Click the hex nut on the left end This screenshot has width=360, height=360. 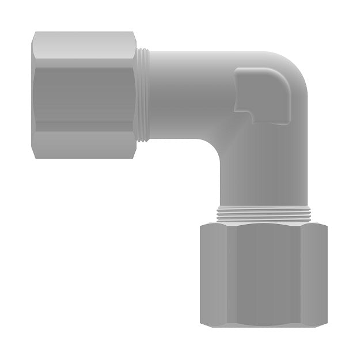pos(84,95)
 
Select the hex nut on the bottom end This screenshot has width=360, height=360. pos(264,275)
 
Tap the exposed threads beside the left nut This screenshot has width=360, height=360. pos(143,95)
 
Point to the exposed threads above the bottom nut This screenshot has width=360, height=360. pos(264,215)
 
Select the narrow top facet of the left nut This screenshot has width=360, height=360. pos(84,43)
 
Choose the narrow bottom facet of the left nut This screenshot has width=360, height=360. pos(84,147)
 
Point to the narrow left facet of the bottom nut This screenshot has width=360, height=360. pos(213,275)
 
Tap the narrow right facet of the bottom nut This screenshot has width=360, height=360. pos(314,275)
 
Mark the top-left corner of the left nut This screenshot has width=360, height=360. pos(33,33)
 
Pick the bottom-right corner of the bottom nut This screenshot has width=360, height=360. pos(325,325)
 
